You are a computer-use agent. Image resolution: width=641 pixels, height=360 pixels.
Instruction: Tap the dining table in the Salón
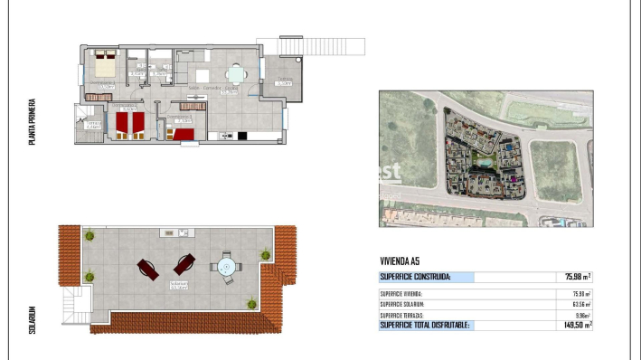(x=236, y=74)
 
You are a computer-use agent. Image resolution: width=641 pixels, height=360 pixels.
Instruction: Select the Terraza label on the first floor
(x=284, y=81)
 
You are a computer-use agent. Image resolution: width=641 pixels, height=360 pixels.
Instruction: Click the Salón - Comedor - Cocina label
(x=213, y=88)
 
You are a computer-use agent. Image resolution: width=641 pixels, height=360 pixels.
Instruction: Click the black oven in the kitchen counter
(x=241, y=137)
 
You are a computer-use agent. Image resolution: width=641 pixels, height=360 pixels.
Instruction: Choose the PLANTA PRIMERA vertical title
(x=33, y=124)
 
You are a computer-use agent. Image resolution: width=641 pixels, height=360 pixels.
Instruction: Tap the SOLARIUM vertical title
(x=33, y=319)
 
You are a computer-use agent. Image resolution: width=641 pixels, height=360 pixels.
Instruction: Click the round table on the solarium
(x=225, y=267)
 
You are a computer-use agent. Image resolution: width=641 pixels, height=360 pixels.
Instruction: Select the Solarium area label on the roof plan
(x=178, y=284)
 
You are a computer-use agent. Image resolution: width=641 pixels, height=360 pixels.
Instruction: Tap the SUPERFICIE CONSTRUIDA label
(x=415, y=277)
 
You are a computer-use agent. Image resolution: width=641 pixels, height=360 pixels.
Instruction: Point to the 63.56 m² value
(x=580, y=304)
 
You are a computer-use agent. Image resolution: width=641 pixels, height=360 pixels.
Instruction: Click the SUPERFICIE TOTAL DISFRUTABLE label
(x=425, y=325)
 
